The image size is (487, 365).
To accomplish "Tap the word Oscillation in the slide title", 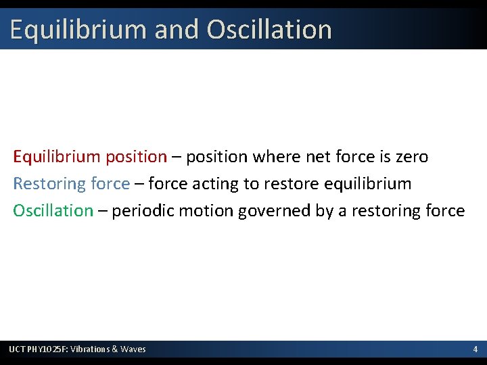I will point(269,30).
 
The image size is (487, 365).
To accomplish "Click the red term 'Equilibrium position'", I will point(90,157).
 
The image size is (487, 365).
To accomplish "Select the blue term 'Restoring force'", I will point(71,184).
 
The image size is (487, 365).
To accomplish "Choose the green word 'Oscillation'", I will point(53,210).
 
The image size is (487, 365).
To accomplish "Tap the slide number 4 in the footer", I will point(475,349).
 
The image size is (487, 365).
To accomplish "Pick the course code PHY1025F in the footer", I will point(48,349).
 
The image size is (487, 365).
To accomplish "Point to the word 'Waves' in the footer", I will point(133,349).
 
